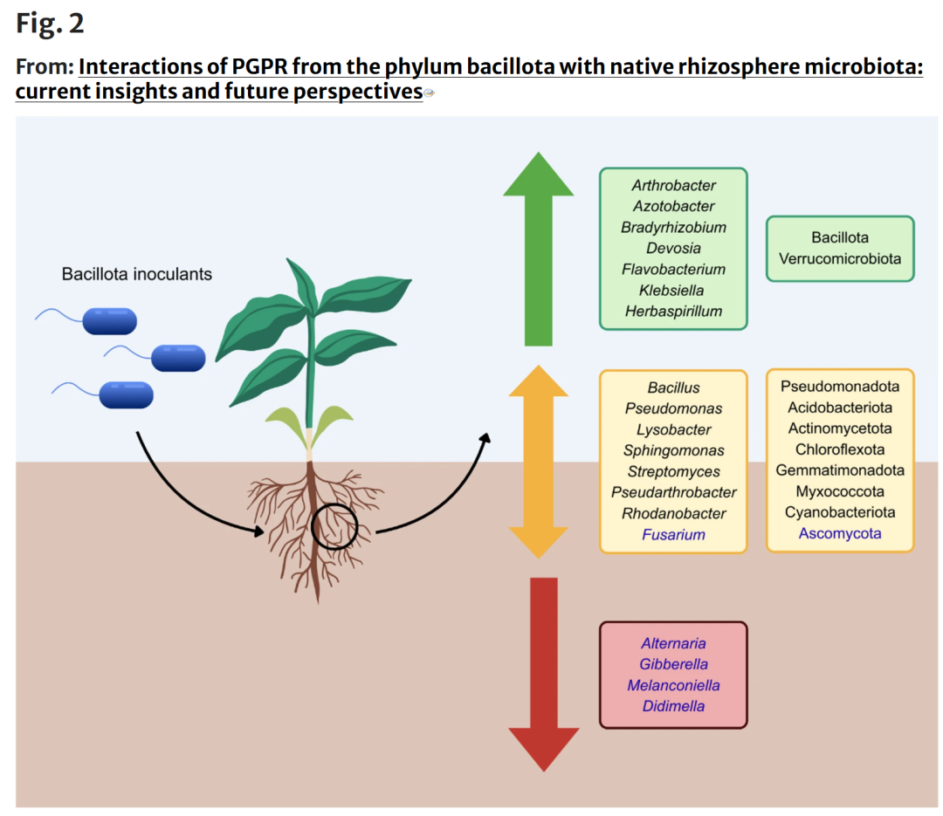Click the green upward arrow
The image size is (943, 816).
tap(538, 249)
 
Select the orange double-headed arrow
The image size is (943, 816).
tap(538, 462)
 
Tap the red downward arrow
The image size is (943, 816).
tap(544, 674)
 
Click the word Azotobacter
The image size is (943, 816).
tap(673, 206)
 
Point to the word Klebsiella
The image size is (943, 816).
tap(671, 291)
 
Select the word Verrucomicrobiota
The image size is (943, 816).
tap(840, 258)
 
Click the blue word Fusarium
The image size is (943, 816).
tap(673, 535)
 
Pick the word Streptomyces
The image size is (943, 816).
tap(673, 471)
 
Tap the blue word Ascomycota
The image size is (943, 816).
tap(840, 533)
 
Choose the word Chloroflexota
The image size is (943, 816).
tap(840, 449)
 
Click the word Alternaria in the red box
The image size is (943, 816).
tap(673, 643)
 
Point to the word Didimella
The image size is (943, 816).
tap(673, 706)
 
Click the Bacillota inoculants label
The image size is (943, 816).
tap(136, 274)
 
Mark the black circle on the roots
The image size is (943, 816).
tap(335, 504)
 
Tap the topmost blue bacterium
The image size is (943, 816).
tap(109, 321)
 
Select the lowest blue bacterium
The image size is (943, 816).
tap(127, 395)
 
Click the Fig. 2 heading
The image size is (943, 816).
tap(49, 24)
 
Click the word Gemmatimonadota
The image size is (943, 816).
tap(840, 470)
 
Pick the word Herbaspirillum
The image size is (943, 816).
tap(673, 312)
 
